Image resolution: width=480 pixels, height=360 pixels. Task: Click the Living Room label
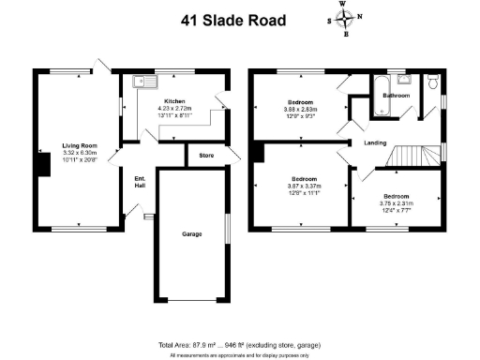point(81,145)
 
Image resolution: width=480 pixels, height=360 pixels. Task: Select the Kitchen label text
point(174,101)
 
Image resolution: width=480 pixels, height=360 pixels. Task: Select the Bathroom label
point(395,95)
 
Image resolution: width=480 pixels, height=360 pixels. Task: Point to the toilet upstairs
point(433,83)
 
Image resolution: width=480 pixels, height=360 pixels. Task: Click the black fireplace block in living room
point(42,164)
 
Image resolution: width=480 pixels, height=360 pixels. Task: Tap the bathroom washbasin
point(402,80)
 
